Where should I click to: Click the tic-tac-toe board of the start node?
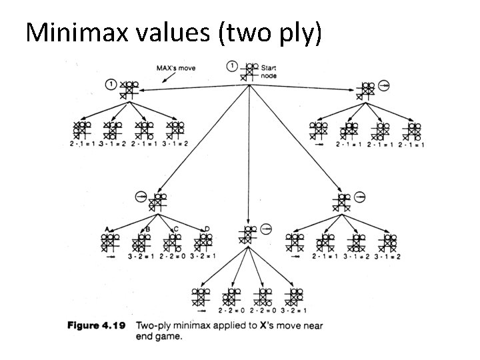click(249, 70)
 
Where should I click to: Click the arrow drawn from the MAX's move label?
click(155, 79)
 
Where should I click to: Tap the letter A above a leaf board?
click(107, 229)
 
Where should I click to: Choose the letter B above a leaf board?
click(147, 229)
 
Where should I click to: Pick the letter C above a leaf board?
click(176, 229)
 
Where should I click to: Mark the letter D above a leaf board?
click(207, 229)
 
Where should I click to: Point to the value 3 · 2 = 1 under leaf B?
click(141, 256)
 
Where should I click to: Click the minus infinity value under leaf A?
click(109, 256)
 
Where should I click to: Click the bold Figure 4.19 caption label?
click(98, 327)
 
